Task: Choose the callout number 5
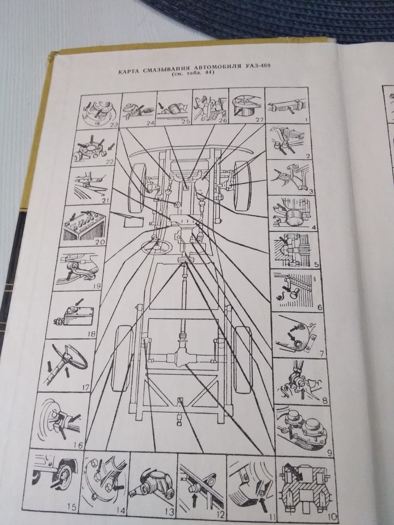pyautogui.click(x=316, y=265)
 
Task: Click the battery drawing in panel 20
pyautogui.click(x=84, y=226)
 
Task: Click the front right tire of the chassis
pyautogui.click(x=243, y=186)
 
